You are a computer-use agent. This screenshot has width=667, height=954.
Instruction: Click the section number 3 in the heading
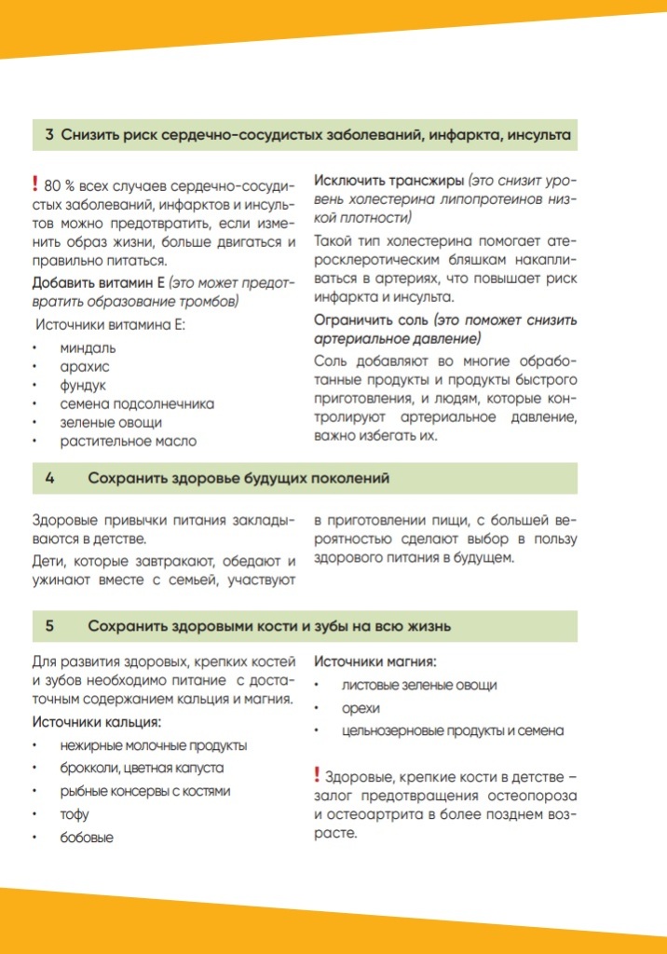point(49,135)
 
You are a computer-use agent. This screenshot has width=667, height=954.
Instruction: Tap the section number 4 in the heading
point(49,478)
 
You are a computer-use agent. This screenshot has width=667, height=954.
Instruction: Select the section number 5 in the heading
point(49,626)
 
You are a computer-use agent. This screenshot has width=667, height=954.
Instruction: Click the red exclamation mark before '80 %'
point(34,184)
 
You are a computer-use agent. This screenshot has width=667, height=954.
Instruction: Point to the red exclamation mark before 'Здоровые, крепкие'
point(317,775)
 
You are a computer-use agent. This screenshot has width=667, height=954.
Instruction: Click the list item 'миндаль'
point(88,348)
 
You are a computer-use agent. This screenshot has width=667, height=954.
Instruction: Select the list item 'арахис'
point(85,366)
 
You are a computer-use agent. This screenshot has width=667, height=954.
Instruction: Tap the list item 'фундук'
point(84,385)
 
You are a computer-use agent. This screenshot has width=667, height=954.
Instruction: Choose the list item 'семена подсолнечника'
point(137,403)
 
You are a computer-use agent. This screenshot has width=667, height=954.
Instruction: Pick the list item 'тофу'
point(75,814)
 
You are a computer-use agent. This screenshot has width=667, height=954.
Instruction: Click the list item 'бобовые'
point(87,838)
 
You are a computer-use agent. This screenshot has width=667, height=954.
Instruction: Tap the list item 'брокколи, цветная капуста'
point(142,769)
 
